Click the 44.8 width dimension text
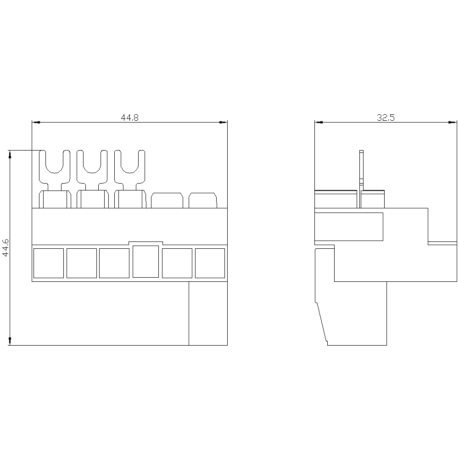130,118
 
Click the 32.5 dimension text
386,118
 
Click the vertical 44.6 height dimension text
6,248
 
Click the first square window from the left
49,263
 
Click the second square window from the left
82,263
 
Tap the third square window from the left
114,263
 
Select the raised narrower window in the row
146,262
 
